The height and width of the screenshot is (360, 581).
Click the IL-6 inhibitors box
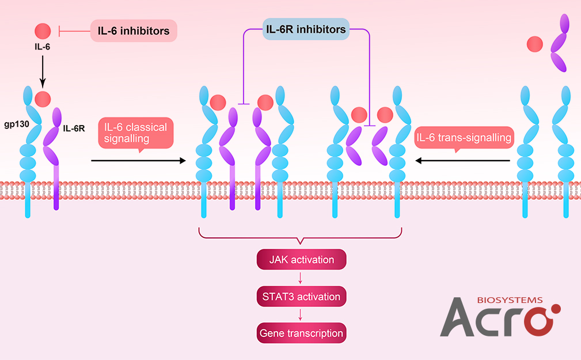[133, 31]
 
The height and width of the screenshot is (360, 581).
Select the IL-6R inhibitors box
[306, 28]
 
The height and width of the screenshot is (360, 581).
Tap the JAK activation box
[301, 260]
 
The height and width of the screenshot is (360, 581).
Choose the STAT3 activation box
[301, 297]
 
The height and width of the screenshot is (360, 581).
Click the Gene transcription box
[301, 333]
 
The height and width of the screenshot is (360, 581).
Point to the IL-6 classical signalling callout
[135, 133]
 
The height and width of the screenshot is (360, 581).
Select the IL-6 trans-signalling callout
[463, 138]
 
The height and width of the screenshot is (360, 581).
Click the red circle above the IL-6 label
[43, 31]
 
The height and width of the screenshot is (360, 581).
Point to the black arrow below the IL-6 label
[43, 72]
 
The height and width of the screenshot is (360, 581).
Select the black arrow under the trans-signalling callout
[463, 161]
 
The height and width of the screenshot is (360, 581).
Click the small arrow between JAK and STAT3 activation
[301, 278]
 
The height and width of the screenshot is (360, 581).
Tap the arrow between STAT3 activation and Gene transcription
[301, 315]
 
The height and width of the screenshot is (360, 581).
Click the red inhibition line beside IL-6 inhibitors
[72, 31]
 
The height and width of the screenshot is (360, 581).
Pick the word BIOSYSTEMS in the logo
[510, 300]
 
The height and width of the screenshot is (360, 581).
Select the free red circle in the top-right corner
[535, 43]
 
